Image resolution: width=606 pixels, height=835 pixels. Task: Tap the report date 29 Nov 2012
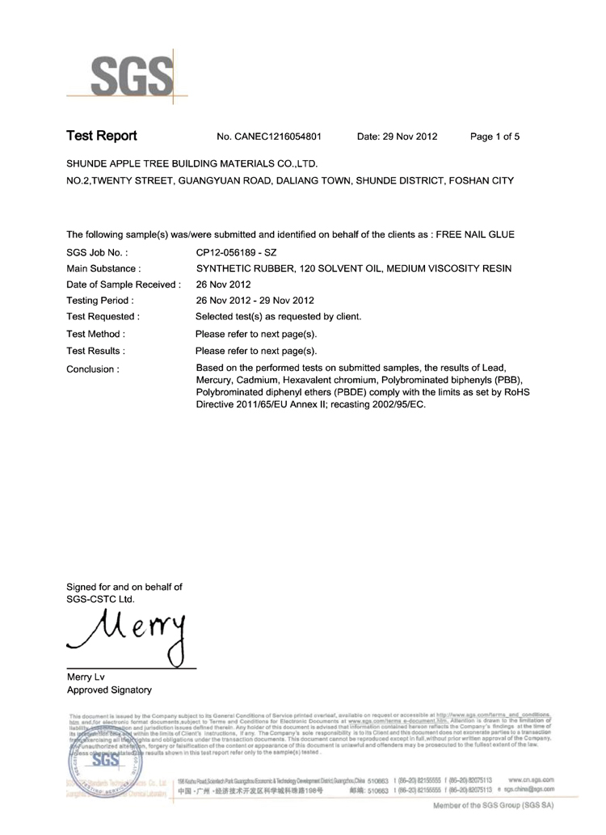pyautogui.click(x=397, y=137)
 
